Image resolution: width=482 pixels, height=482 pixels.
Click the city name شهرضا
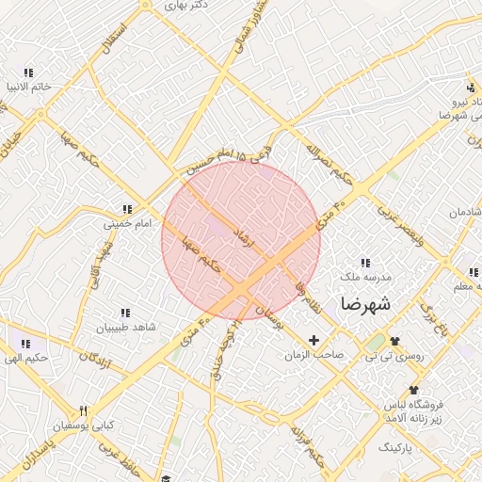point(369,304)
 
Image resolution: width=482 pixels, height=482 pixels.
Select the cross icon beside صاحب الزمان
point(313,339)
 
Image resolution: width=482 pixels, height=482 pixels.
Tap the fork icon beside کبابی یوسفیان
point(83,410)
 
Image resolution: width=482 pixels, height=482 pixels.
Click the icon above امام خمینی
point(125,209)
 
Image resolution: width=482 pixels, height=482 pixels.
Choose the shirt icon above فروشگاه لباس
point(412,390)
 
